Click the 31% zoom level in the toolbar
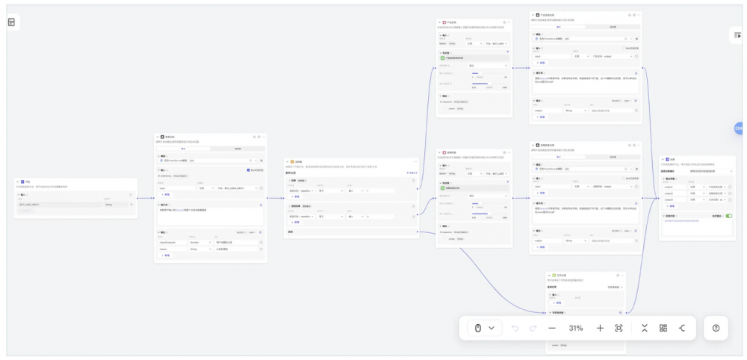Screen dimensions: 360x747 [576, 328]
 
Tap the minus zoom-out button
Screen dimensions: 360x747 [552, 328]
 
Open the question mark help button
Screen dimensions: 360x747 [715, 328]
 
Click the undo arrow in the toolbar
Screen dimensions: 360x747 [515, 328]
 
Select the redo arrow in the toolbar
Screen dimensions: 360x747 [533, 328]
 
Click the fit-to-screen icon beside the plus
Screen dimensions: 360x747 [619, 328]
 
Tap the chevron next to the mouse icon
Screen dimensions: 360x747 [492, 328]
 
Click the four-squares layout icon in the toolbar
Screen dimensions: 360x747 [663, 328]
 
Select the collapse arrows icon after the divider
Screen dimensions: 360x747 [644, 328]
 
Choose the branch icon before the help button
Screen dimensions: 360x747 [681, 328]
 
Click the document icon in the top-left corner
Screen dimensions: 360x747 [12, 22]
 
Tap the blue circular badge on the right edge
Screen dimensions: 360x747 [739, 128]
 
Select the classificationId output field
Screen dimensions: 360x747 [171, 242]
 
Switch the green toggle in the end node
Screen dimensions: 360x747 [728, 216]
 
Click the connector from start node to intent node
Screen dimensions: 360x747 [146, 197]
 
